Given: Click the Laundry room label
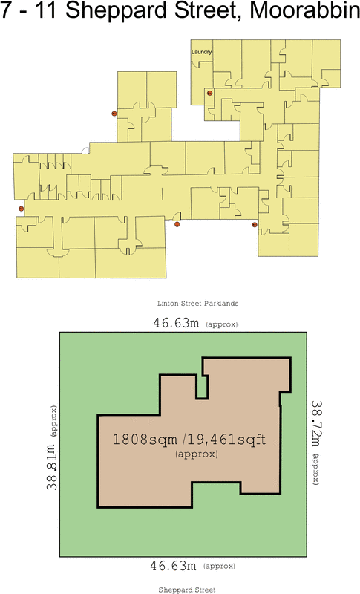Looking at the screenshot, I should pos(201,53).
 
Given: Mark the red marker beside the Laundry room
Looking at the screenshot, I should pos(210,94).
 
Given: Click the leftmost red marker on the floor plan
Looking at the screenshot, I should pos(22,209).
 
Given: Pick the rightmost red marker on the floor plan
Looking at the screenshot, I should pos(255,224).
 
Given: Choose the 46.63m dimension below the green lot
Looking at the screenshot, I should pos(173,566).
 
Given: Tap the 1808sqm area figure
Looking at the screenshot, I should pos(142,440).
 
